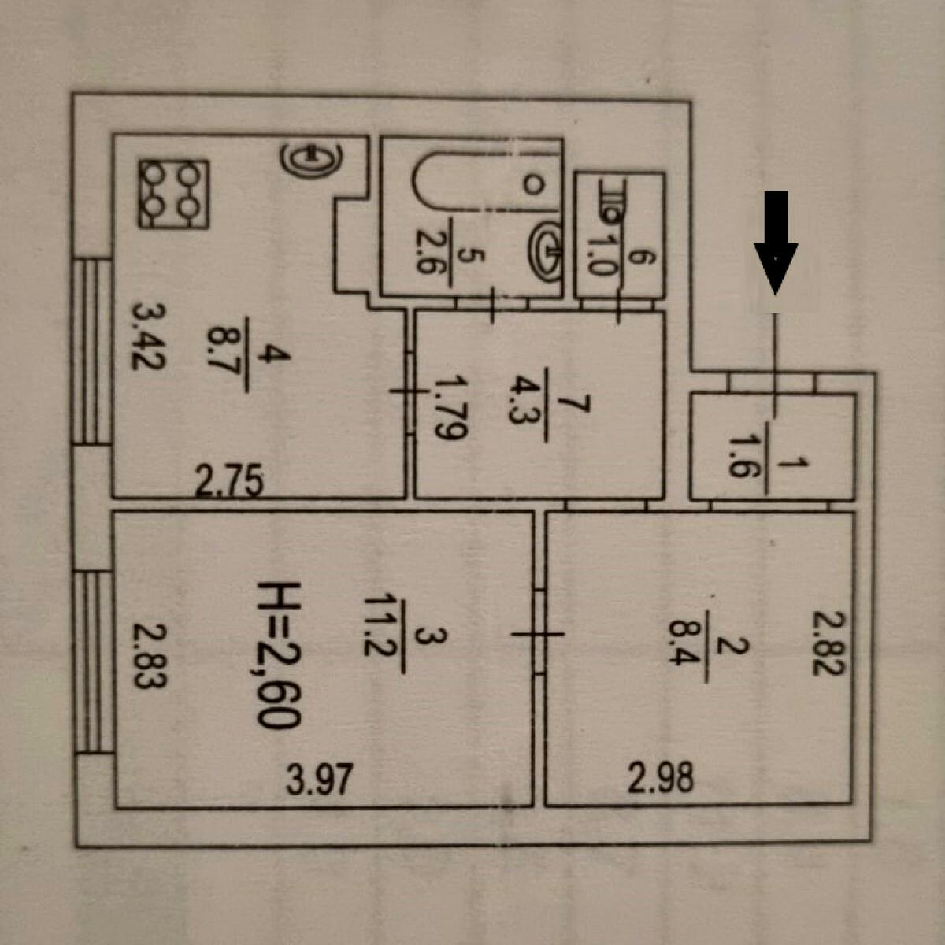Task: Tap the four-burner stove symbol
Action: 173,194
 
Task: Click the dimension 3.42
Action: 149,337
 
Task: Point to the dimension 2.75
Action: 229,482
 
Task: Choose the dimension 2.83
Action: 148,655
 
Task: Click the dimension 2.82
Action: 829,643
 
